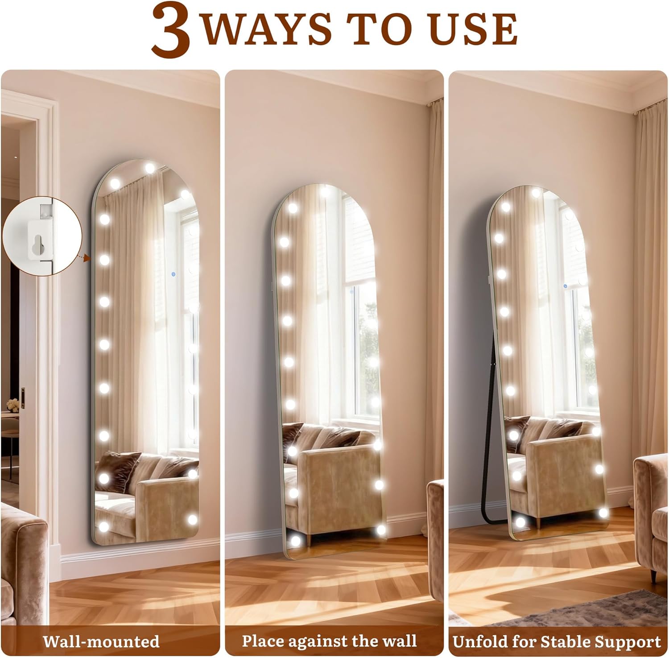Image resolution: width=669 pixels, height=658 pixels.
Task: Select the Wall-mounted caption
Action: tap(101, 641)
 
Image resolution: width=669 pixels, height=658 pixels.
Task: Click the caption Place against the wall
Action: tap(329, 641)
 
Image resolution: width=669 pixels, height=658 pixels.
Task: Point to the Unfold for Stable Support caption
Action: tap(556, 641)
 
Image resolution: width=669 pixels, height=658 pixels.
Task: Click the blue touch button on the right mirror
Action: tap(565, 286)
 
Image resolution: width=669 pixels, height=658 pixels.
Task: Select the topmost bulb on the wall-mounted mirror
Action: tap(150, 168)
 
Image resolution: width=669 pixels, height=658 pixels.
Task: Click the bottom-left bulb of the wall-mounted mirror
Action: tap(104, 526)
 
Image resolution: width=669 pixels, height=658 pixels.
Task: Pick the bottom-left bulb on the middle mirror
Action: tap(295, 540)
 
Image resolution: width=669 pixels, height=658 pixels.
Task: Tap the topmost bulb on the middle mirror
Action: tap(325, 190)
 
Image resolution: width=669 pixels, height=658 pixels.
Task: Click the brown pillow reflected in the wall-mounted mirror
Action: tap(117, 465)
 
